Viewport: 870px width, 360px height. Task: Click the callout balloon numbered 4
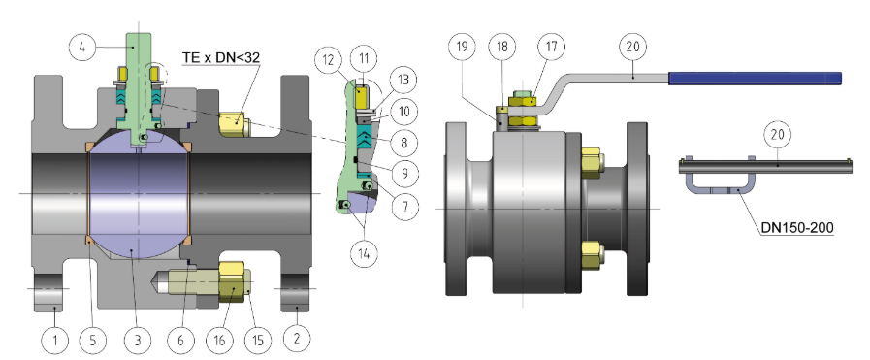pyautogui.click(x=82, y=48)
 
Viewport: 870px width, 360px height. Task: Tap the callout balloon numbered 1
pyautogui.click(x=54, y=339)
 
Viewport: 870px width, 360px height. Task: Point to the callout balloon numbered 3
pyautogui.click(x=138, y=339)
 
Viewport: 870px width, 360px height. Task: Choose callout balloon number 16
pyautogui.click(x=220, y=339)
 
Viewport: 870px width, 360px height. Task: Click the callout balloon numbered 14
pyautogui.click(x=364, y=253)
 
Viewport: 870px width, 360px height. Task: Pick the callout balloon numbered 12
pyautogui.click(x=329, y=59)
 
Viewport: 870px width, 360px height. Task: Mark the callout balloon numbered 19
pyautogui.click(x=462, y=47)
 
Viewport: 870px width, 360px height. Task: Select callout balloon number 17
pyautogui.click(x=550, y=47)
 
